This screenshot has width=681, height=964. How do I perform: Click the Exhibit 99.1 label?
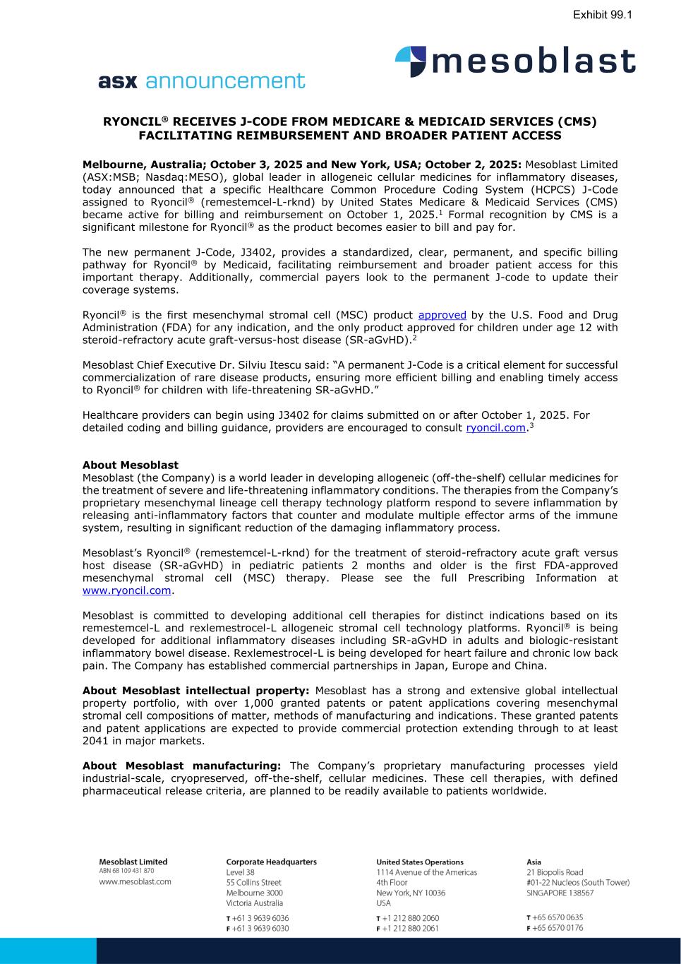pos(602,14)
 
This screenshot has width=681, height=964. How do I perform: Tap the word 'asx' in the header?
pos(119,82)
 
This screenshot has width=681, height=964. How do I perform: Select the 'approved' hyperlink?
pos(442,315)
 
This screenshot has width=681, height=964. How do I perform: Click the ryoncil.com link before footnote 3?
pos(495,428)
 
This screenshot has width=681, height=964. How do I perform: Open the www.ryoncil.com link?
pos(127,590)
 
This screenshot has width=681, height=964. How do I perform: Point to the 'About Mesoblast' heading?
pos(131,465)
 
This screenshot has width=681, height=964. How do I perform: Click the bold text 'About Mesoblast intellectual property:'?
pos(195,691)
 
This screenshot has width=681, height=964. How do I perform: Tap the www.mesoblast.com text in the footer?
pos(135,881)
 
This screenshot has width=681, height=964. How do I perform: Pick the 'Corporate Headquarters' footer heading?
pos(271,862)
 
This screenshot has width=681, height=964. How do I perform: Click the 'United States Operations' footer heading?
pos(420,862)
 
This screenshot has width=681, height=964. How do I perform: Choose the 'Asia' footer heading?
pos(534,862)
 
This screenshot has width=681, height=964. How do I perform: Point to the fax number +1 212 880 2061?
pos(411,928)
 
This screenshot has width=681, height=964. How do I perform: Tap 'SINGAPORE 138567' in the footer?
pos(560,893)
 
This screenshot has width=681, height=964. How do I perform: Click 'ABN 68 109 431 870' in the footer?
pos(126,871)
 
